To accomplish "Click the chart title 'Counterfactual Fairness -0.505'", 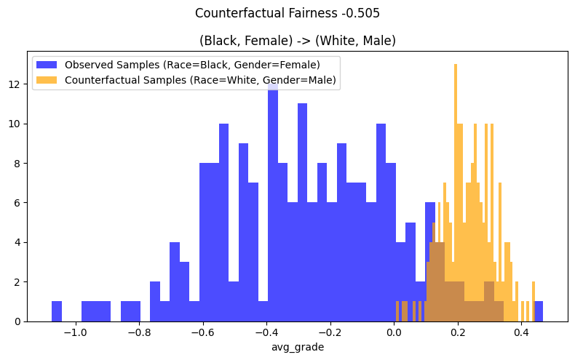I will (287, 13).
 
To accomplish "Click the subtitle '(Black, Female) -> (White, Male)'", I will (297, 41).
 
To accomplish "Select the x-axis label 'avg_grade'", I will (297, 347).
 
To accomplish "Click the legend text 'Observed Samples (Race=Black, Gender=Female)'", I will (192, 64).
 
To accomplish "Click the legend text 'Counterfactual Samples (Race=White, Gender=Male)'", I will (200, 80).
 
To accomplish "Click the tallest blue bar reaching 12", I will (273, 204).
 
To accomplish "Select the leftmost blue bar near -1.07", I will (57, 311).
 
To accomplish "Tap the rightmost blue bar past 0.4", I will (539, 311).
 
